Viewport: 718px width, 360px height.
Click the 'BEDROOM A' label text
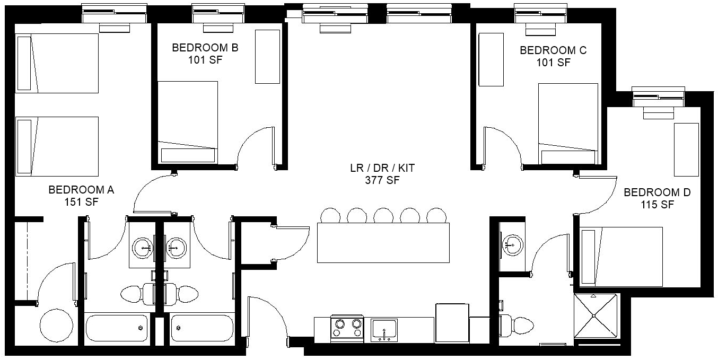click(81, 190)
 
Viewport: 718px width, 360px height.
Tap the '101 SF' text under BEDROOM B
click(205, 60)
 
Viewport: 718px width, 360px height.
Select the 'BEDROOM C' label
click(553, 50)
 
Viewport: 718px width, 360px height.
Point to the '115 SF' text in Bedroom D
click(658, 205)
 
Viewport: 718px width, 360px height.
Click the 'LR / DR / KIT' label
click(382, 168)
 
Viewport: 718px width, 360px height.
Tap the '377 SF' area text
click(382, 180)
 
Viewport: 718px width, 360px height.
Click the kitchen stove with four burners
click(347, 328)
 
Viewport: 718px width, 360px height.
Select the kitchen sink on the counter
click(384, 330)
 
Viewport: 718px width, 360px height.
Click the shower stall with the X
click(595, 316)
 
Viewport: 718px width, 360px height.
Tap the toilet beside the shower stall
click(516, 326)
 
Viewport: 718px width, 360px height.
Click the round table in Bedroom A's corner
click(56, 326)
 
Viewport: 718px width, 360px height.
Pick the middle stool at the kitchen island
click(383, 215)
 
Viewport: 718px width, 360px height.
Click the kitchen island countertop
click(383, 243)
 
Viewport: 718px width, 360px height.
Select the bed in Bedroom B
click(188, 122)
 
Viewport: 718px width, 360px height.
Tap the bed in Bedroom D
click(621, 257)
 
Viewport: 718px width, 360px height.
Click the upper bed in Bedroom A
click(57, 63)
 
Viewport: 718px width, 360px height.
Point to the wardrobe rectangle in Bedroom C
click(491, 59)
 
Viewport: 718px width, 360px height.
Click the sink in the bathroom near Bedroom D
click(513, 245)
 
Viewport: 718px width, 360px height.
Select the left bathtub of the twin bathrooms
click(117, 328)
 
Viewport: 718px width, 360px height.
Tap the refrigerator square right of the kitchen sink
click(452, 323)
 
